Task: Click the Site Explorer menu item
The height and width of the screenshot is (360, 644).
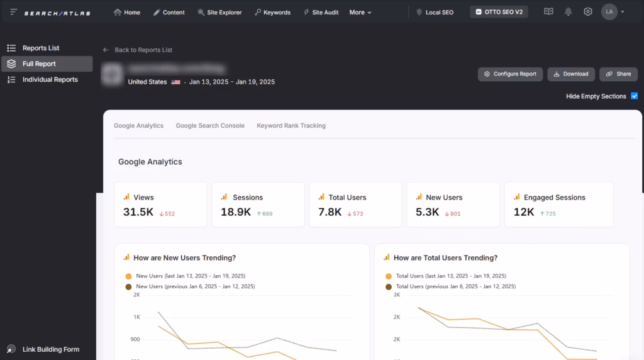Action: pos(219,13)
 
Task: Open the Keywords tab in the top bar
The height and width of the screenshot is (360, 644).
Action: pos(272,13)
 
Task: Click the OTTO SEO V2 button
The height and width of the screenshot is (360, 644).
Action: pos(499,12)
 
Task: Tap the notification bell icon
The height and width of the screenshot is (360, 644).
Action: pos(569,12)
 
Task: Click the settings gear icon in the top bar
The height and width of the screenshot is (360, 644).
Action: pos(588,12)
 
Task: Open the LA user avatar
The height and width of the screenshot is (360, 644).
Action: pos(609,12)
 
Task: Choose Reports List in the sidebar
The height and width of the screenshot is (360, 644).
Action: pos(41,48)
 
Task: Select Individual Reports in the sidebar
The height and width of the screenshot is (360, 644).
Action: pos(50,80)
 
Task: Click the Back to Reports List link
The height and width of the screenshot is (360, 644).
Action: pos(143,50)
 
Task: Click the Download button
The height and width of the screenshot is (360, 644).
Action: pos(571,74)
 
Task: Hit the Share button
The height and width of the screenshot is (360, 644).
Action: pos(618,74)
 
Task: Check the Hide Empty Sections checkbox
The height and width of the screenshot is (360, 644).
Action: pos(634,96)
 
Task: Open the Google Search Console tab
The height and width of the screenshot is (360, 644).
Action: pos(210,126)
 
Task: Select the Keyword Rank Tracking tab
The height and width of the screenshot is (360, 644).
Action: pos(291,126)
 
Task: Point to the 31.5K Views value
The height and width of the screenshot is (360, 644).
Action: pos(138,212)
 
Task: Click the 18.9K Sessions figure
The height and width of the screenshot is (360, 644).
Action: pos(236,212)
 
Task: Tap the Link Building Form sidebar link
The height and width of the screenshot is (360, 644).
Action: pos(50,349)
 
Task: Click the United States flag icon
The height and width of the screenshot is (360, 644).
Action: pos(175,82)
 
